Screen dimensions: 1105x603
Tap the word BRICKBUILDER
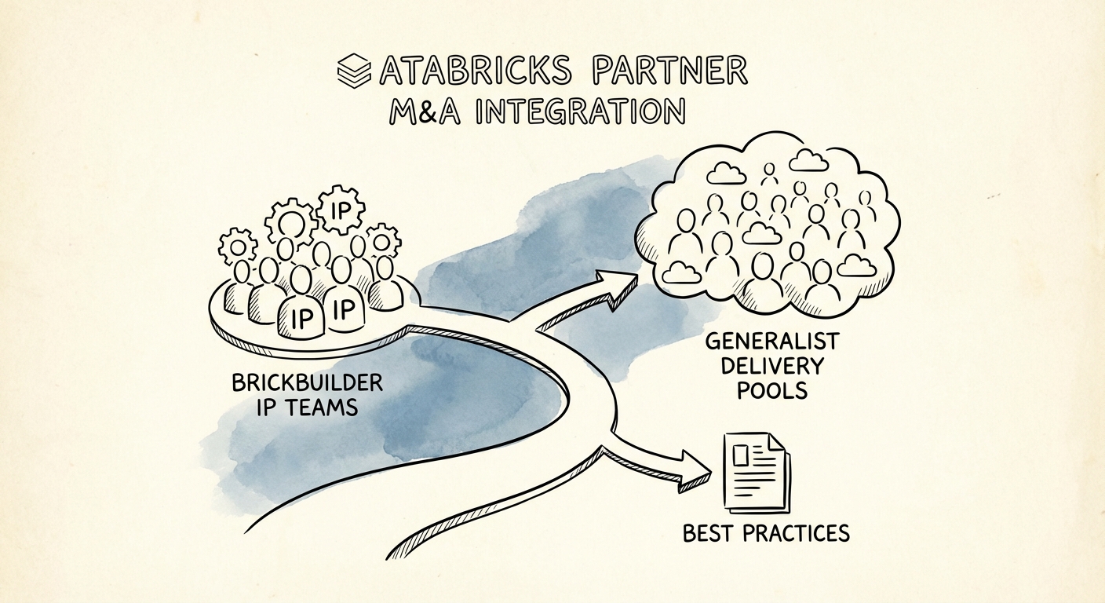pyautogui.click(x=308, y=384)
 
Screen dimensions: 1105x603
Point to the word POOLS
pyautogui.click(x=773, y=389)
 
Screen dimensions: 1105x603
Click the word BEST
pyautogui.click(x=709, y=534)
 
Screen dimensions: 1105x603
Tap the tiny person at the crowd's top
pyautogui.click(x=768, y=170)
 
